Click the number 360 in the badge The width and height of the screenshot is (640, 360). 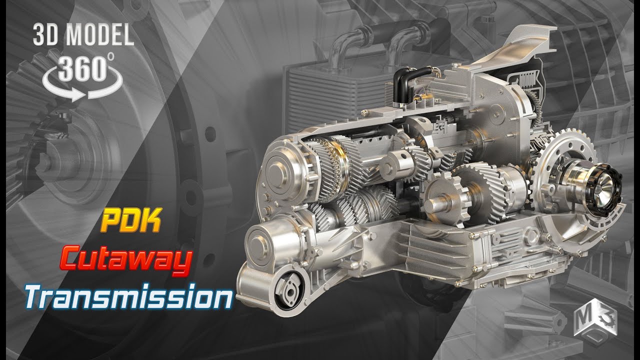(x=83, y=70)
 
